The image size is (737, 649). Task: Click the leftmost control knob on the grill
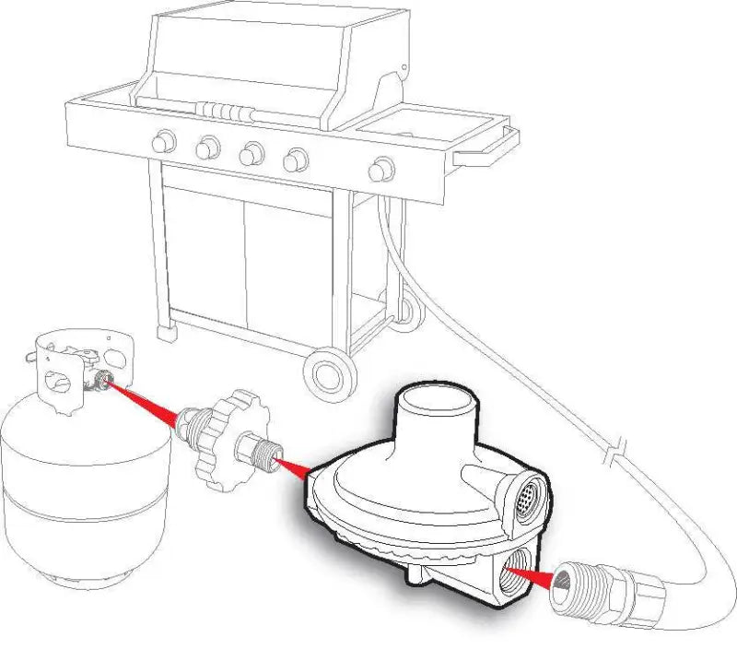point(164,141)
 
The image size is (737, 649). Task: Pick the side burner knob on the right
point(380,170)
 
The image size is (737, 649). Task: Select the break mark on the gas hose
point(613,454)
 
